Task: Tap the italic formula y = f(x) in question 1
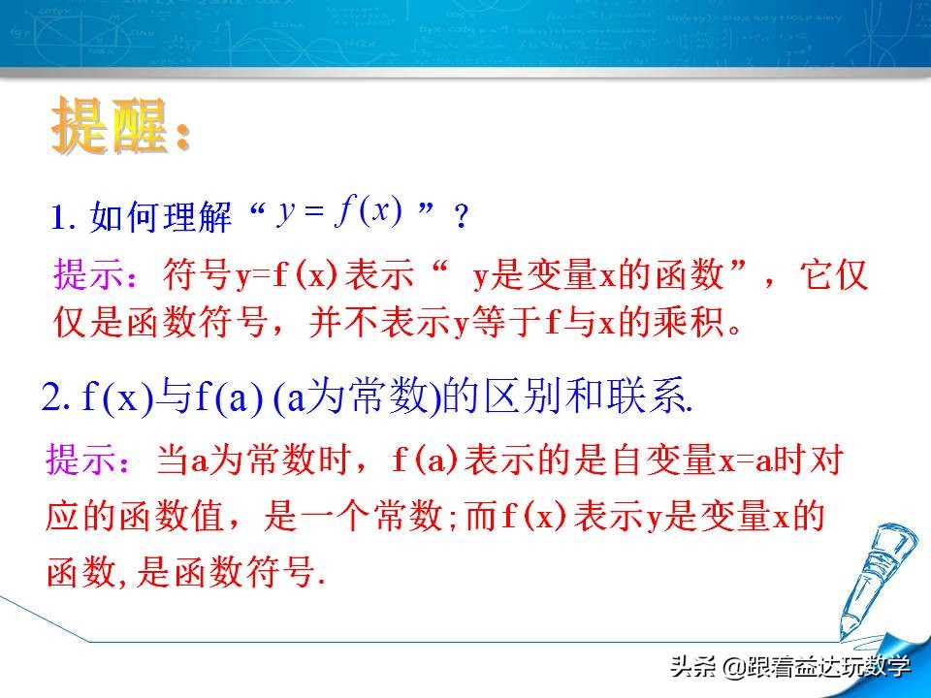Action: [339, 212]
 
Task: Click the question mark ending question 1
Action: [461, 217]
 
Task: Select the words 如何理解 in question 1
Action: [161, 217]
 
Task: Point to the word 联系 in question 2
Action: [650, 398]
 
